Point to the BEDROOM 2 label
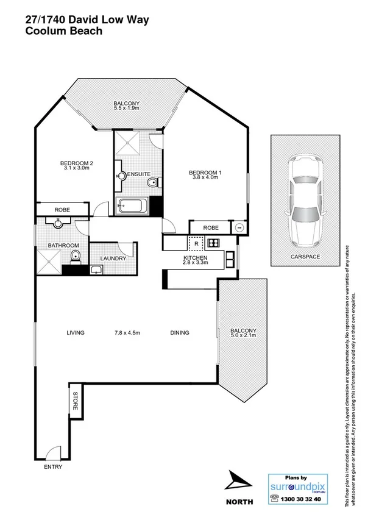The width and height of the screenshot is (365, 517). (x=76, y=163)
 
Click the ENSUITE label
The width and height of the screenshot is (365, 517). (x=139, y=175)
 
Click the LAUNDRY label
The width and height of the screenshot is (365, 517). (x=113, y=258)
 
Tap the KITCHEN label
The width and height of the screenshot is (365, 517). (x=195, y=259)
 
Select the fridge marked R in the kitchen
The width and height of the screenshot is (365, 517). (x=196, y=243)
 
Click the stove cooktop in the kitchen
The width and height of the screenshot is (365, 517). (x=213, y=243)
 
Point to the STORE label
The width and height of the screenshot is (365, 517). (x=76, y=402)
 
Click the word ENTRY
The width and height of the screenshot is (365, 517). (x=53, y=468)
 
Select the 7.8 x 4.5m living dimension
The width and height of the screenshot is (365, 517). (x=127, y=333)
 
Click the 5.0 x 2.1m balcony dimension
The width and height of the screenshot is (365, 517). (x=244, y=336)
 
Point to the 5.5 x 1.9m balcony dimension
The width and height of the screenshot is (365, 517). (x=126, y=109)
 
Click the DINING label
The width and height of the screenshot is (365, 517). (x=180, y=333)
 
